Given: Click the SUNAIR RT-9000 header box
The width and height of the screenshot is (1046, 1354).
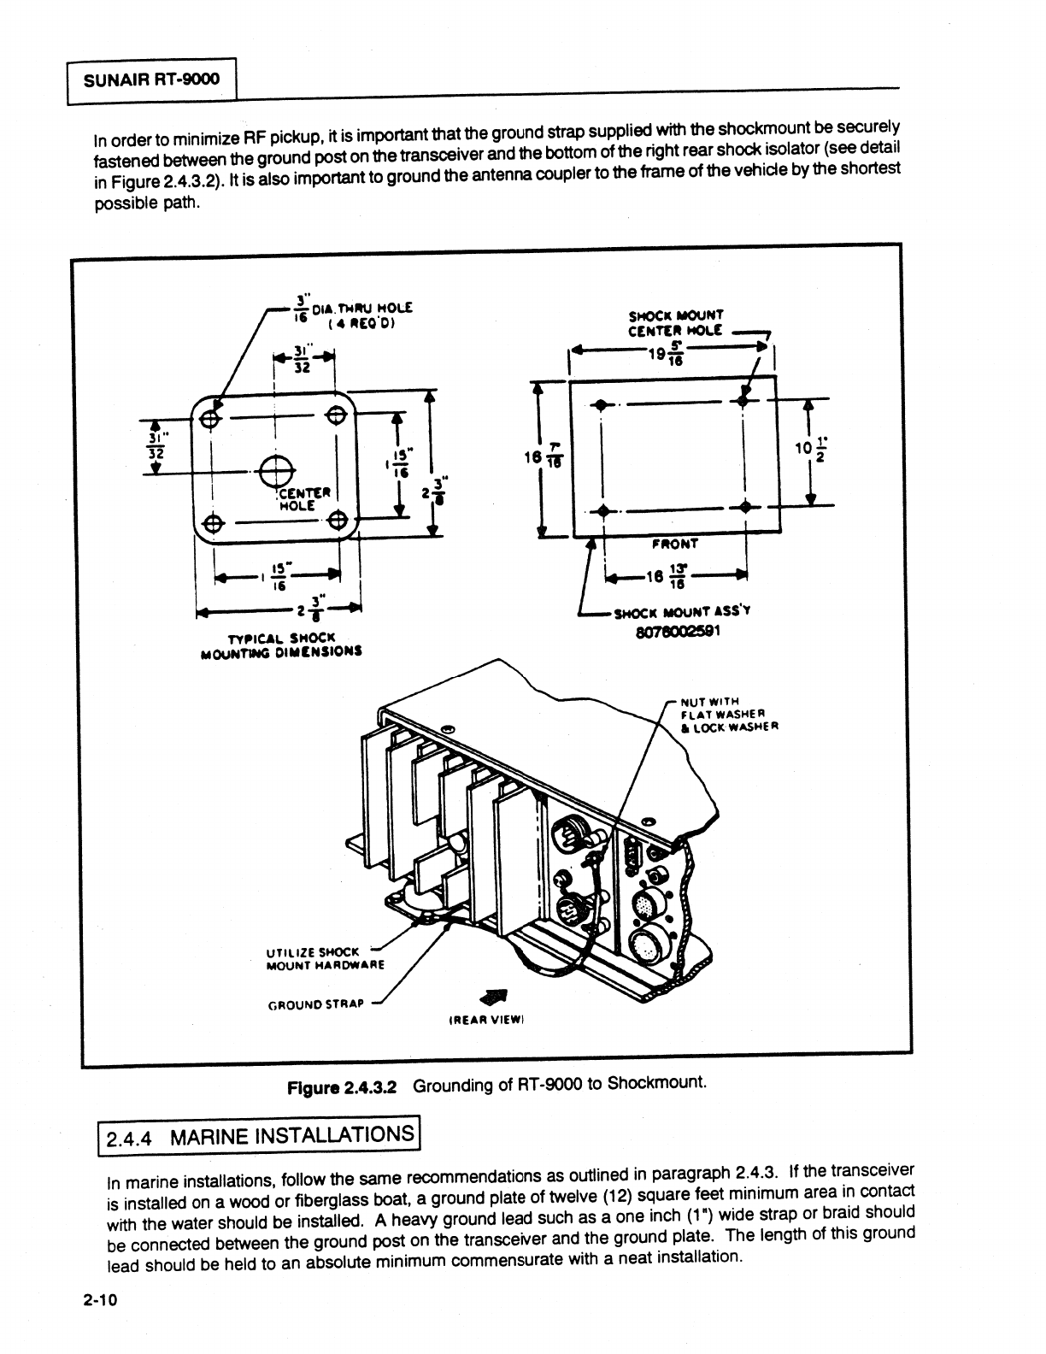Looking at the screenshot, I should click(151, 80).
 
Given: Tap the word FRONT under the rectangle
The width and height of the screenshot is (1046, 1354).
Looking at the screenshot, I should click(675, 543).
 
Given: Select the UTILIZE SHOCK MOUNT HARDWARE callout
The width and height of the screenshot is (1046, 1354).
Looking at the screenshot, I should click(325, 958).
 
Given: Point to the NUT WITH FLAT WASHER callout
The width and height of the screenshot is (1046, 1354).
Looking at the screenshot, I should click(727, 715).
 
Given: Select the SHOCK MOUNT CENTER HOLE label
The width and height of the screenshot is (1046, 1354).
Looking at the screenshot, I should click(675, 321).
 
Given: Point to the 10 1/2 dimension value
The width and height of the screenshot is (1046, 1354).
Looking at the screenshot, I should click(812, 450).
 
